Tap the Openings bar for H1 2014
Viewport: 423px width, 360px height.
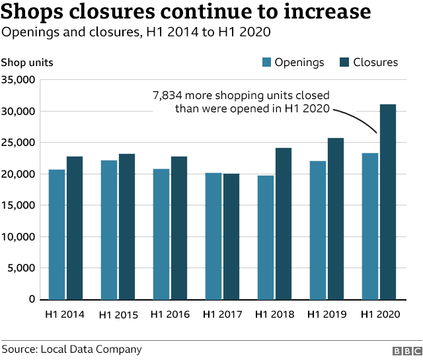tap(56, 234)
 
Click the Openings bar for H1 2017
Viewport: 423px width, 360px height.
tap(213, 236)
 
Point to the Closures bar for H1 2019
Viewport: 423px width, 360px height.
tap(336, 218)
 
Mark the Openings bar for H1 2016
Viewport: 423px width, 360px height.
tap(161, 234)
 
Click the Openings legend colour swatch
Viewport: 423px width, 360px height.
tap(267, 62)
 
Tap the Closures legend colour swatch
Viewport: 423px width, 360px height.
tap(344, 62)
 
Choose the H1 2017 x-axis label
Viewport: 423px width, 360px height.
tap(223, 314)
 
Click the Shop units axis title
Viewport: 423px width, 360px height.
tap(27, 63)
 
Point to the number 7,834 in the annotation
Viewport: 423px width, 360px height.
tap(169, 96)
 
